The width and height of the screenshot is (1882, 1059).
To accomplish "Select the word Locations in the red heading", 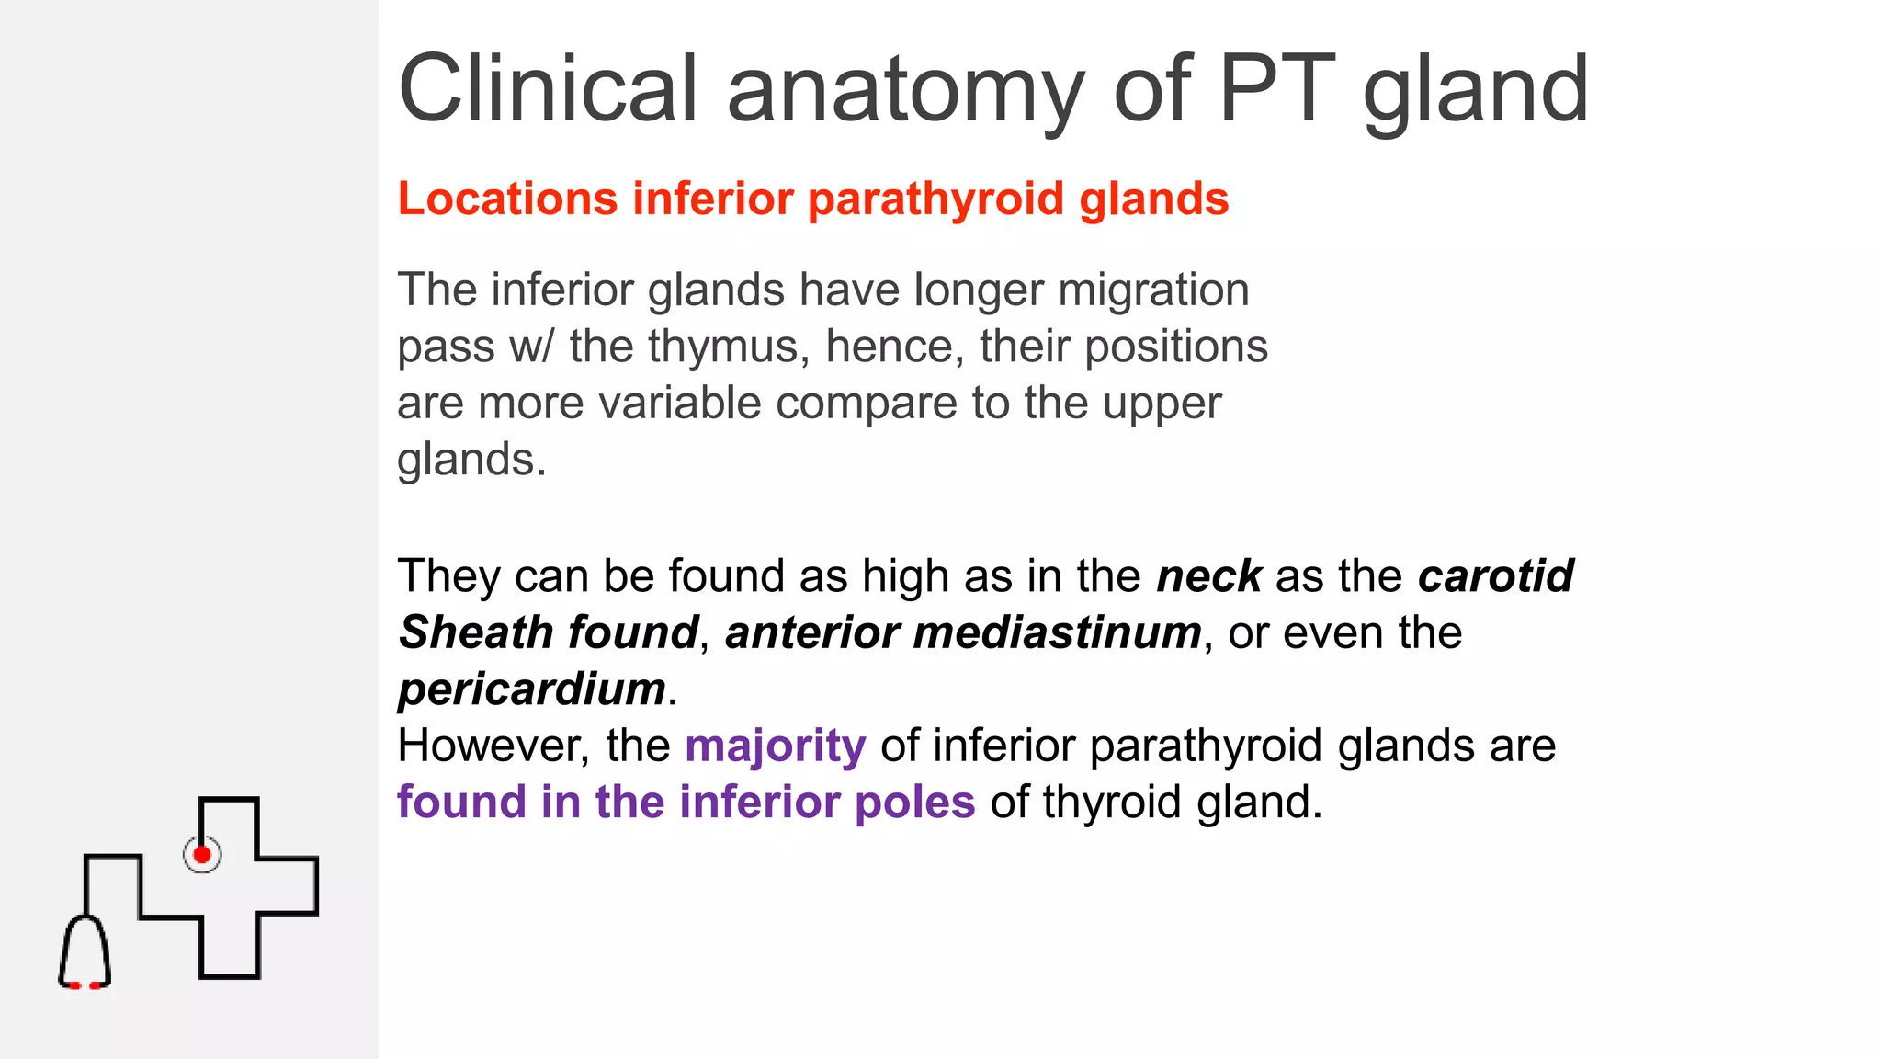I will [x=507, y=199].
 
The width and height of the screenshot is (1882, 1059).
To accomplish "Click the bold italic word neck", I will [x=1208, y=576].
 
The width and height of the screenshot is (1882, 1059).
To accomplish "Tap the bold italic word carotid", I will [x=1495, y=576].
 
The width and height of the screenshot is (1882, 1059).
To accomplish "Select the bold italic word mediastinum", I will [x=1057, y=633].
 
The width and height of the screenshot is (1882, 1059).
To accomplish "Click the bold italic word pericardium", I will [x=532, y=689].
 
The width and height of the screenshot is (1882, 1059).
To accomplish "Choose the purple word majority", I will [x=775, y=746].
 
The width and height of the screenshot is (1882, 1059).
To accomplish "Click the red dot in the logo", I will [x=202, y=855].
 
